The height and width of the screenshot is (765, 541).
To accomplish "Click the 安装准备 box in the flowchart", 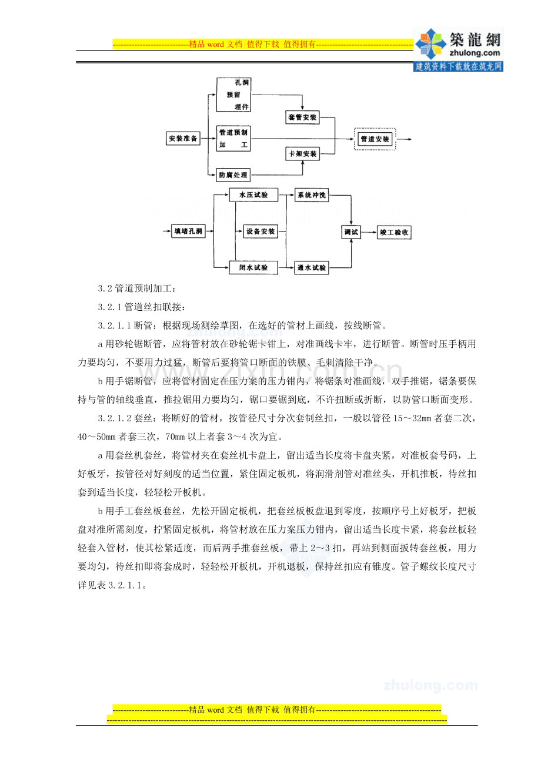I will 183,139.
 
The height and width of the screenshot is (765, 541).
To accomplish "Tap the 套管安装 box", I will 302,118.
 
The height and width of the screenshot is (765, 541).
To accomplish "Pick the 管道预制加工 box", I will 233,139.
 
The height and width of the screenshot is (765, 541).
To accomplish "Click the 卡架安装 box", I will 302,154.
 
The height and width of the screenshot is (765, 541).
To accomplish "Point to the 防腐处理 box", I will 233,175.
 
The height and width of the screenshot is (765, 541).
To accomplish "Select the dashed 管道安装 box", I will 375,139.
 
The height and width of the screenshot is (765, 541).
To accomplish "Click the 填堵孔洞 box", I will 188,231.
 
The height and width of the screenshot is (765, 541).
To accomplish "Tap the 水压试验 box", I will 253,195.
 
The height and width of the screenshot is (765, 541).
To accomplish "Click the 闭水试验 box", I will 253,268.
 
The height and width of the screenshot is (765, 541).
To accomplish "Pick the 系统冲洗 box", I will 312,195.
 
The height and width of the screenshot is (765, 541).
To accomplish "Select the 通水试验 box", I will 312,268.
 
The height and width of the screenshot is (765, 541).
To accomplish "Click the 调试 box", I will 351,232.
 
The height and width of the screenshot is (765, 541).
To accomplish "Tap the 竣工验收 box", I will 394,233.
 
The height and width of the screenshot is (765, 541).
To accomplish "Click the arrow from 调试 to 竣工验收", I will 369,233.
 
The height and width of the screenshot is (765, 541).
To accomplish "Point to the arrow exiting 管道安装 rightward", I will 405,139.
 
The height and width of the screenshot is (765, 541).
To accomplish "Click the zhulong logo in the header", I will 459,49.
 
